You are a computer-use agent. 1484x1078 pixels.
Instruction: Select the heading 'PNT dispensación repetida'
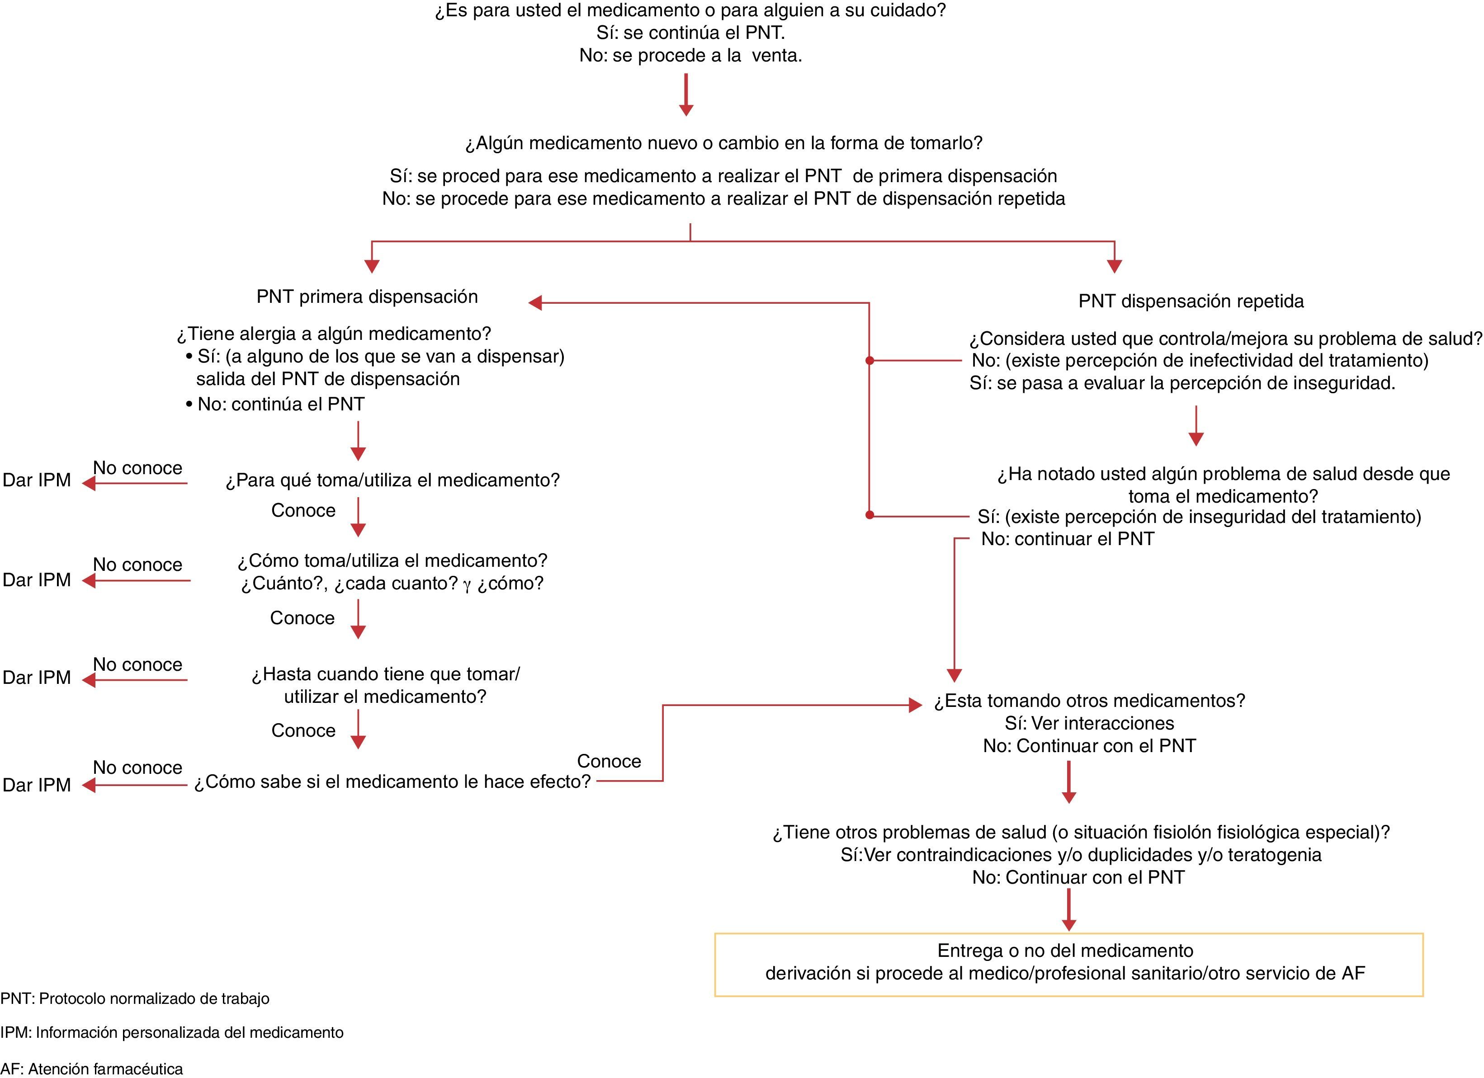1191,301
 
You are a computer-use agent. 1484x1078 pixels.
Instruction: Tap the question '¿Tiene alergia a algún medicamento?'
334,334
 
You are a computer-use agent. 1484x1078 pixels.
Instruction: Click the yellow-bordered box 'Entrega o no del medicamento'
1068,964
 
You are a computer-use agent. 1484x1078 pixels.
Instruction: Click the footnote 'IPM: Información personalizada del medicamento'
171,1032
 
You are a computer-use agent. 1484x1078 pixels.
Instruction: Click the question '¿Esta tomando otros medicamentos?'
1089,701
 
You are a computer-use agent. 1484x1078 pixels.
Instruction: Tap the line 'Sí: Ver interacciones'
1089,724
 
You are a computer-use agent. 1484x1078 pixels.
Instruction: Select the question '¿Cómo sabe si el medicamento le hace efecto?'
392,782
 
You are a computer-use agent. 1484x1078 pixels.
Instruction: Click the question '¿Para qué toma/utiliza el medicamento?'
392,481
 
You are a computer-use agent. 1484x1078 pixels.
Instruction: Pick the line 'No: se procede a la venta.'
690,56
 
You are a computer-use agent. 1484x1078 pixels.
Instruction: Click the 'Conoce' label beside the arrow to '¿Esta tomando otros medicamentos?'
609,762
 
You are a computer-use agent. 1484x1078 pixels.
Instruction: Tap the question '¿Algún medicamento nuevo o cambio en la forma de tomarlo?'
723,143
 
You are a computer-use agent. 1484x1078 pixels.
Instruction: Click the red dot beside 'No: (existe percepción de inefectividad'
870,360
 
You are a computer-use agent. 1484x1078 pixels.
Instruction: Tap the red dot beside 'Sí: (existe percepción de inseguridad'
870,515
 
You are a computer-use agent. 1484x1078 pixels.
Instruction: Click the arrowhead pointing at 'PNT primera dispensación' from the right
536,303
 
